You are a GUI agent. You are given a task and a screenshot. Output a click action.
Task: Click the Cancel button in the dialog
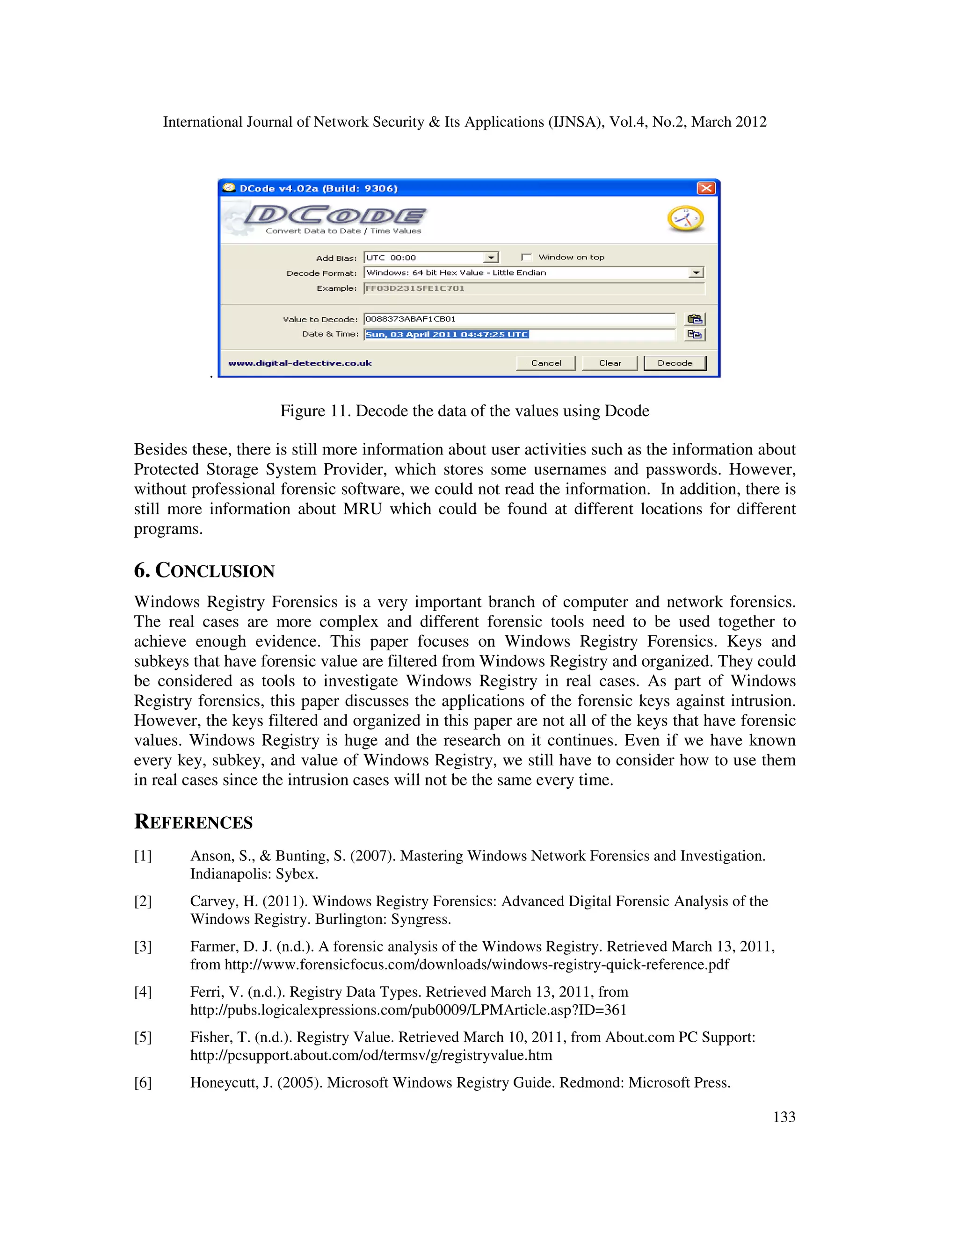(x=545, y=363)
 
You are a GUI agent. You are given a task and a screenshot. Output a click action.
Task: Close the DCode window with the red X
(x=705, y=188)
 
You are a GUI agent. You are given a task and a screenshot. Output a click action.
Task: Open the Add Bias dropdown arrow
(x=491, y=258)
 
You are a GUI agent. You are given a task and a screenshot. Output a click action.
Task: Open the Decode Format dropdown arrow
(x=696, y=273)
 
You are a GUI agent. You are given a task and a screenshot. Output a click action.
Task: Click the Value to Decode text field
(x=519, y=319)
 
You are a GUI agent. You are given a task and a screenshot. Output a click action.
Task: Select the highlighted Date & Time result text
(x=447, y=335)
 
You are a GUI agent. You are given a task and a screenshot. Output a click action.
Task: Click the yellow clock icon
(x=686, y=219)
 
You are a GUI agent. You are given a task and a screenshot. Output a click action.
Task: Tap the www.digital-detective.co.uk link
(x=300, y=363)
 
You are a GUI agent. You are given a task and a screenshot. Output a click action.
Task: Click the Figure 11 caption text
(x=464, y=411)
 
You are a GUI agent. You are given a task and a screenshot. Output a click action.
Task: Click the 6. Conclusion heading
(x=204, y=571)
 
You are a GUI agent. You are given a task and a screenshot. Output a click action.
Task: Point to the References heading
(x=194, y=822)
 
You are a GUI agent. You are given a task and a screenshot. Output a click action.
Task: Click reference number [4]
(x=143, y=992)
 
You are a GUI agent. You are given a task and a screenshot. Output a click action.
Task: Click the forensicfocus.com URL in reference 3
(x=477, y=965)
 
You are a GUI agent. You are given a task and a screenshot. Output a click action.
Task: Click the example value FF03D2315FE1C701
(x=415, y=288)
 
